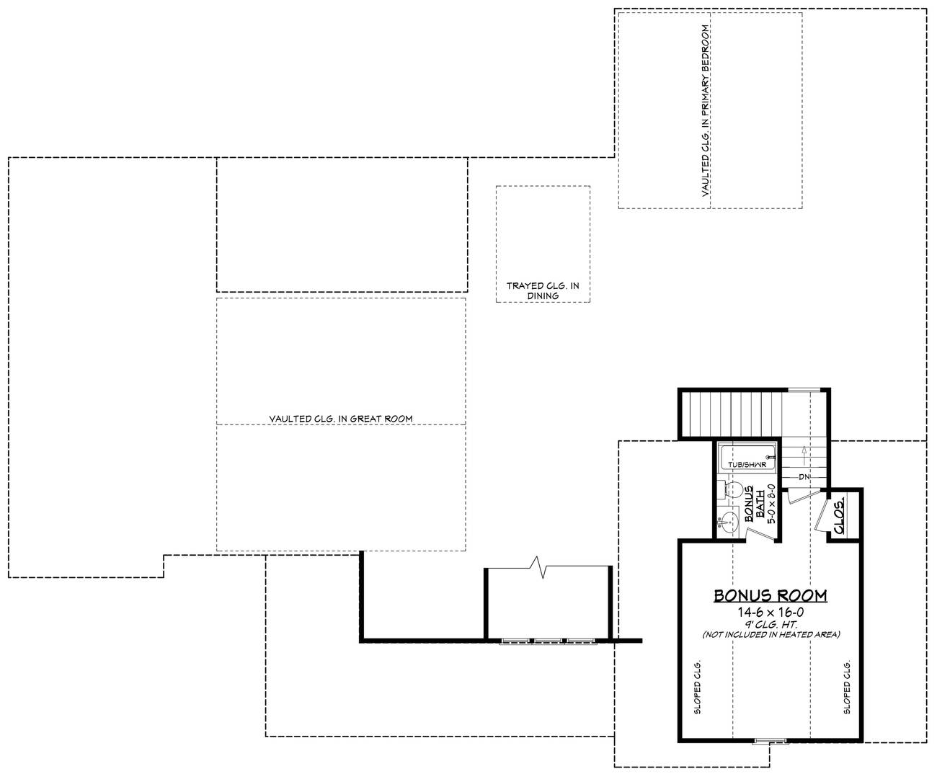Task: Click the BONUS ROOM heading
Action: click(770, 595)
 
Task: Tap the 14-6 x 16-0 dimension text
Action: click(770, 612)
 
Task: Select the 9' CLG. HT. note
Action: click(770, 623)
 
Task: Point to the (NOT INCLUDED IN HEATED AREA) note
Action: click(770, 634)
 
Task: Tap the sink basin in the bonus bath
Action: click(729, 521)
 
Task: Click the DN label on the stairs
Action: click(804, 477)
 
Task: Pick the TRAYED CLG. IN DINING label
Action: click(543, 290)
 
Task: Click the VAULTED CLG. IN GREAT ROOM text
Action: click(340, 418)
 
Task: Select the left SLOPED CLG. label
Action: click(698, 686)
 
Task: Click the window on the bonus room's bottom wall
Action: click(771, 742)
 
